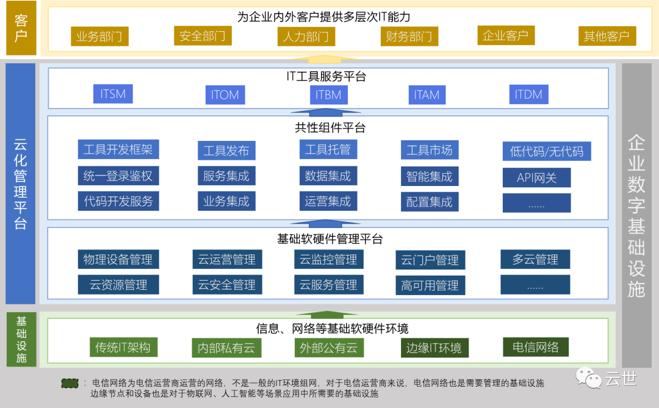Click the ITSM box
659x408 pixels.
coord(113,94)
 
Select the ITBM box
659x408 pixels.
coord(328,95)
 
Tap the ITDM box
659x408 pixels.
coord(528,94)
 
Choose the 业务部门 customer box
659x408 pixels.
coord(99,37)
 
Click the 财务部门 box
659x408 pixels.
coord(409,37)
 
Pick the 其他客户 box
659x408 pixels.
coord(607,36)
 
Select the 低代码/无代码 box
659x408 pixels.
coord(546,151)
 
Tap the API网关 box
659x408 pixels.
coord(537,177)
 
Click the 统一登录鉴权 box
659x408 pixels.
coord(118,176)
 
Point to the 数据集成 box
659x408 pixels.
coord(328,176)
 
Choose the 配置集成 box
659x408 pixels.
coord(430,202)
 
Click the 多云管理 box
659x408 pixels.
coord(535,259)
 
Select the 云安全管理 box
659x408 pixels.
coord(227,285)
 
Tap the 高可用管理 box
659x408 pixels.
coord(430,285)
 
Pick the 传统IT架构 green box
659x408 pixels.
coord(123,348)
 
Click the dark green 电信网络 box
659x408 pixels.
coord(536,347)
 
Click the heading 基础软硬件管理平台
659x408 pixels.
coord(330,239)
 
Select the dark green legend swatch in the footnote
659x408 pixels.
coord(70,383)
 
